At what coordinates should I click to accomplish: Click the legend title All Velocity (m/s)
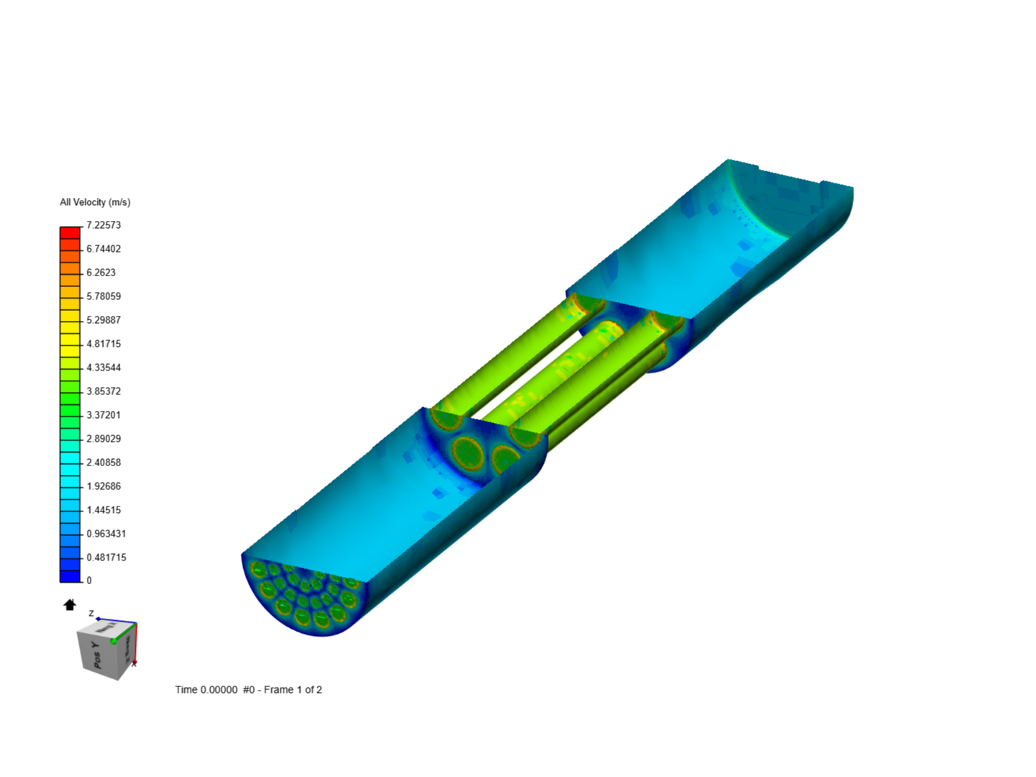tap(95, 202)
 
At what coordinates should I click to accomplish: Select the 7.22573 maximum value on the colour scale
tap(104, 225)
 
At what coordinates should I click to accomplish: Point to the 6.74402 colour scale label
tap(104, 249)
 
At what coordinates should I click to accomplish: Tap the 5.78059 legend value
tap(104, 296)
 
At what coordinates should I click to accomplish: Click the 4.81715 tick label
tap(104, 344)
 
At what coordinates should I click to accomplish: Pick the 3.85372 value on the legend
tap(104, 391)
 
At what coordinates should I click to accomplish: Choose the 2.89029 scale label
tap(104, 439)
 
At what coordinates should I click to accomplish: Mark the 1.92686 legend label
tap(104, 486)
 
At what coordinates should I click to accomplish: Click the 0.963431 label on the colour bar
tap(106, 534)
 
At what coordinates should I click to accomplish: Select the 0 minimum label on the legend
tap(89, 581)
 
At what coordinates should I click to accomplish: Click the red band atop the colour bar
tap(70, 232)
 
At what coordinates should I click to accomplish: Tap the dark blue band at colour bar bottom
tap(70, 576)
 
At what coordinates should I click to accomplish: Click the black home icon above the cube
tap(70, 605)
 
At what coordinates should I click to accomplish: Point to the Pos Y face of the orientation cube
tap(96, 655)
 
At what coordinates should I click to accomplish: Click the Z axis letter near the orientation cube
tap(91, 614)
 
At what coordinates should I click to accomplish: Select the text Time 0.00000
tap(206, 690)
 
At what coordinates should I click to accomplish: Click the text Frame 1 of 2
tap(293, 690)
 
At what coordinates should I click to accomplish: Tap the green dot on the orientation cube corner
tap(113, 641)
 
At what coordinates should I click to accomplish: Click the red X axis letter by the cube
tap(134, 664)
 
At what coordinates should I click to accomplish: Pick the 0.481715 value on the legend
tap(106, 558)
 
